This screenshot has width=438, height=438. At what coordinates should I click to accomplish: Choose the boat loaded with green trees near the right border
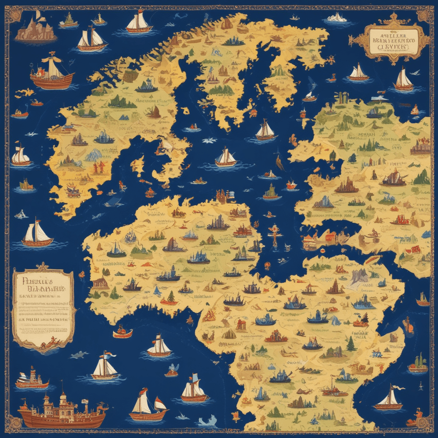(418, 365)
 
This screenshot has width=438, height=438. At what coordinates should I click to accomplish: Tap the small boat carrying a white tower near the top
(100, 19)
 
